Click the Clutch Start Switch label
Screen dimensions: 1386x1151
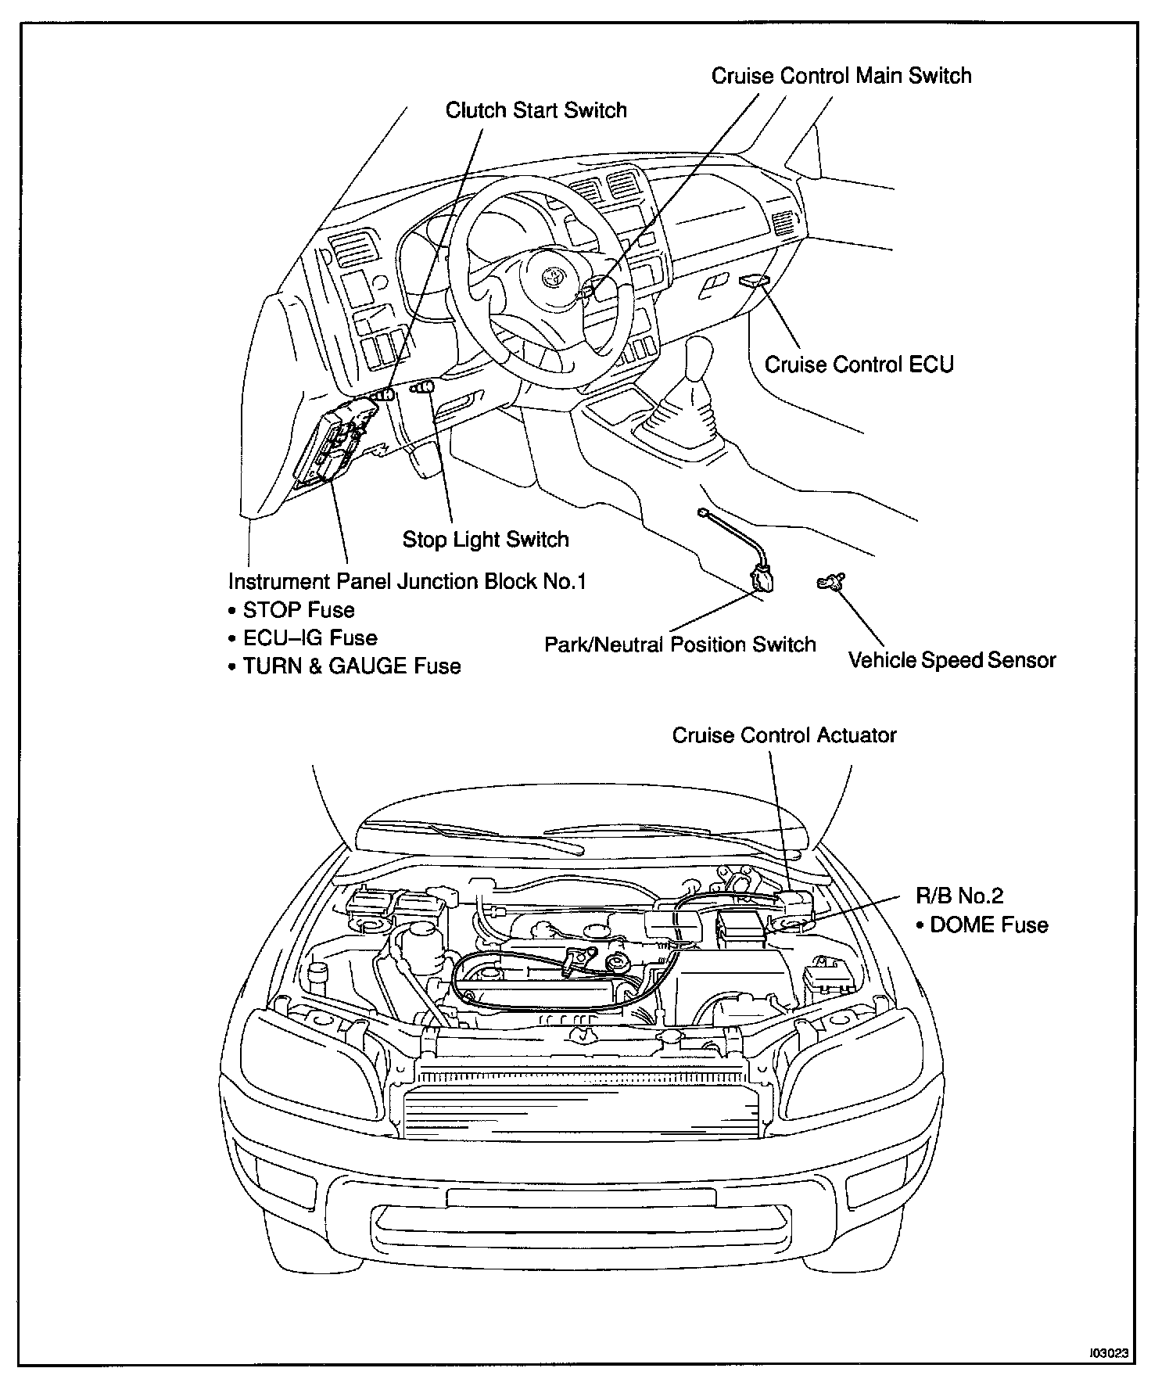pyautogui.click(x=536, y=110)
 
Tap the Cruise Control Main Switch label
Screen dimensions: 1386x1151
pyautogui.click(x=841, y=76)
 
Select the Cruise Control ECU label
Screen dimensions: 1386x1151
pyautogui.click(x=859, y=364)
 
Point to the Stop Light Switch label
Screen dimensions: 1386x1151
pyautogui.click(x=485, y=539)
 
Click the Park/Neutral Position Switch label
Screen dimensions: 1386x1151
pyautogui.click(x=679, y=645)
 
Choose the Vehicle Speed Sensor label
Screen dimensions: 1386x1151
pyautogui.click(x=952, y=660)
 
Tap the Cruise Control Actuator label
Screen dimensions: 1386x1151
pyautogui.click(x=783, y=735)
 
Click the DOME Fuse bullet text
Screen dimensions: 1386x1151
pyautogui.click(x=988, y=925)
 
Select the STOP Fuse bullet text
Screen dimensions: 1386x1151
pyautogui.click(x=298, y=610)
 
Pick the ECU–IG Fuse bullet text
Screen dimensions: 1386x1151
pyautogui.click(x=310, y=638)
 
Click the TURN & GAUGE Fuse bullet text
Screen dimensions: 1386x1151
pyautogui.click(x=351, y=666)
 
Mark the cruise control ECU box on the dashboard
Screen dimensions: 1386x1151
pyautogui.click(x=753, y=280)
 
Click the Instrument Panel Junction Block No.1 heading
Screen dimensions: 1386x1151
pyautogui.click(x=407, y=582)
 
